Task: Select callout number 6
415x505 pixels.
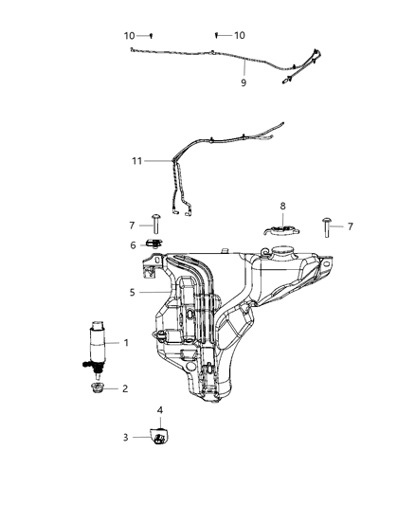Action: pos(132,245)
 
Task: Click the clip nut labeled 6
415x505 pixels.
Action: pos(153,246)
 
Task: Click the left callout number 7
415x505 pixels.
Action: pos(132,225)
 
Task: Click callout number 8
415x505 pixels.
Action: pos(281,206)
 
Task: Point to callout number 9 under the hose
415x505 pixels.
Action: pos(244,82)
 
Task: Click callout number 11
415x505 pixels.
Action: pos(136,161)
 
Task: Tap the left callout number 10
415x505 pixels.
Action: pos(129,35)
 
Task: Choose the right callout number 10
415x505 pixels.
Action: pos(240,35)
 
